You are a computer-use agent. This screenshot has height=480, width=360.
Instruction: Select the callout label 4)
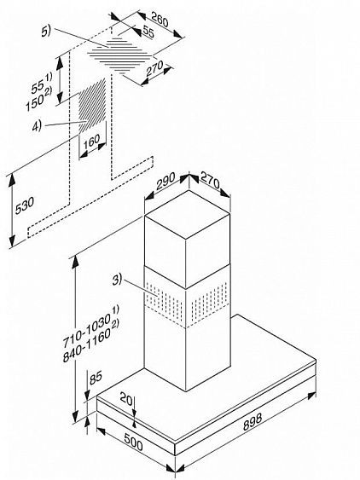pyautogui.click(x=55, y=124)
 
